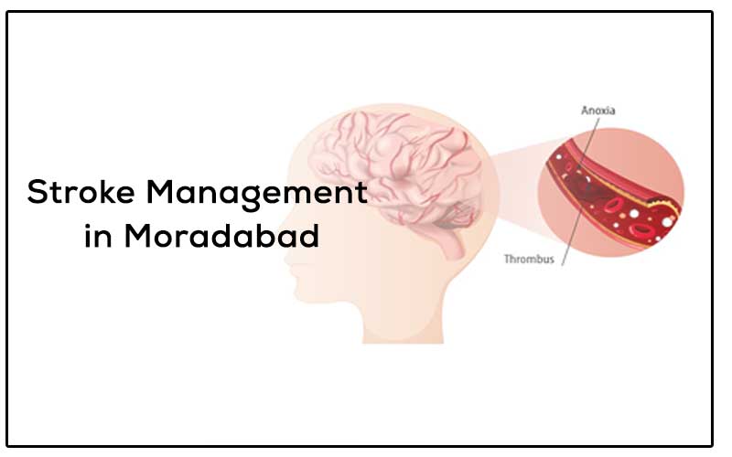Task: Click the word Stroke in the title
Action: [x=81, y=191]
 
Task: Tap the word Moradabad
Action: [x=221, y=236]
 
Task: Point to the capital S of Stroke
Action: [x=37, y=191]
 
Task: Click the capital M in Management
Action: [x=160, y=191]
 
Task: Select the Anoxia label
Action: [x=598, y=111]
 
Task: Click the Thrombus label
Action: [x=529, y=260]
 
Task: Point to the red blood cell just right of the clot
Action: [x=613, y=204]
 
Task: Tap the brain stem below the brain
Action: [x=453, y=242]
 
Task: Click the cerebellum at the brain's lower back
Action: [x=460, y=216]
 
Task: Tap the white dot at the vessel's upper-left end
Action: [x=558, y=156]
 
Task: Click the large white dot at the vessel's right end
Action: [x=667, y=222]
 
